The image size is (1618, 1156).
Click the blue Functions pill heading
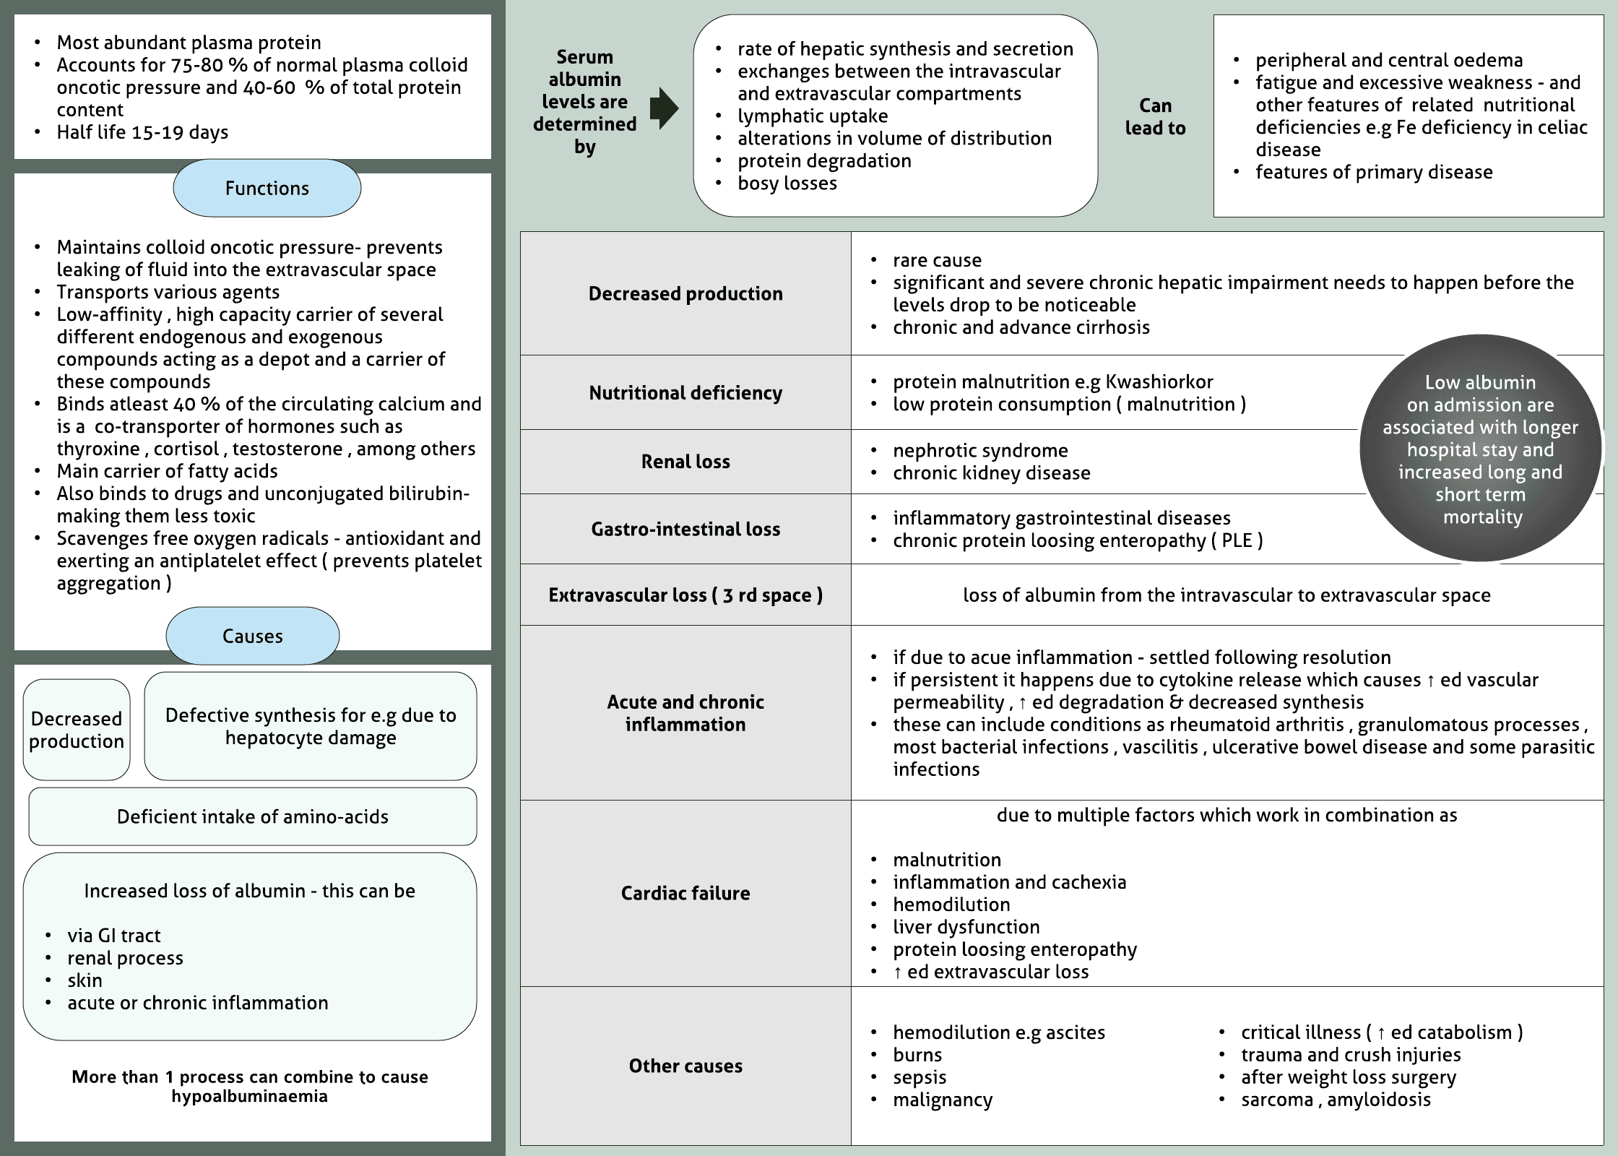[x=267, y=189]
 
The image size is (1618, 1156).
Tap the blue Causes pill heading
[x=252, y=636]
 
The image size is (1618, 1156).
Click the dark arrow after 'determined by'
[x=664, y=108]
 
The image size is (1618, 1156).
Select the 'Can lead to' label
[x=1155, y=116]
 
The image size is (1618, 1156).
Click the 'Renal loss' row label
[x=685, y=462]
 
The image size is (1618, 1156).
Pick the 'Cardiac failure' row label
[x=685, y=893]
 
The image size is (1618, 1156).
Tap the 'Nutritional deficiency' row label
[x=685, y=392]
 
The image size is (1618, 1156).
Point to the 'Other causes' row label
[x=685, y=1066]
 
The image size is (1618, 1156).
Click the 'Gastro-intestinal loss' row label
[x=685, y=529]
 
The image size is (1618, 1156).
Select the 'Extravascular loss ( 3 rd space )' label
[x=685, y=595]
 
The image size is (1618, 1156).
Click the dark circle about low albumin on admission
[x=1480, y=448]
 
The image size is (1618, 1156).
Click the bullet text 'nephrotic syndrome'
[x=980, y=450]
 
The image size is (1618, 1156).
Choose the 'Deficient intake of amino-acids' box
[x=252, y=816]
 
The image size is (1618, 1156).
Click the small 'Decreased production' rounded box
[x=77, y=730]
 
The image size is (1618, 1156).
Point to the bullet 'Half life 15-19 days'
[x=142, y=132]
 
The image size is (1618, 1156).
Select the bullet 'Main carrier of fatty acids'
[x=167, y=471]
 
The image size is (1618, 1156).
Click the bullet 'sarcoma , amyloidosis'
[x=1336, y=1100]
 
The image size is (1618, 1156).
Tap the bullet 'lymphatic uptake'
[x=813, y=116]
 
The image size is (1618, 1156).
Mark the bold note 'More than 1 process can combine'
[x=249, y=1086]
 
